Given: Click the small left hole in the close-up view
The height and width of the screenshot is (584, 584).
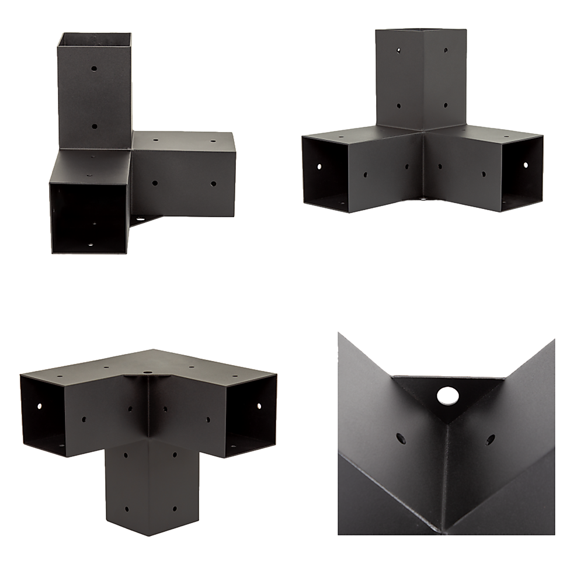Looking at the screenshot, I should (401, 437).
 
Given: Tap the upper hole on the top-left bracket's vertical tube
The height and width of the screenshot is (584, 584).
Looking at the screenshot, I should (94, 68).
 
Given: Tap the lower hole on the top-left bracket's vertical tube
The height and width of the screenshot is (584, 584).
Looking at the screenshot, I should (94, 126).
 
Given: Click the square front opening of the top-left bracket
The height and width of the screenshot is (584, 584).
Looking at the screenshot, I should (88, 216).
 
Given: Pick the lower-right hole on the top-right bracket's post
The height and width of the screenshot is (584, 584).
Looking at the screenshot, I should (446, 105).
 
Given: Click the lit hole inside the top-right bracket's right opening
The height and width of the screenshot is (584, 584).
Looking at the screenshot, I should (524, 166).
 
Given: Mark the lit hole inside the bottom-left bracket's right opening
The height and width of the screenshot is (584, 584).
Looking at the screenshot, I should (258, 404).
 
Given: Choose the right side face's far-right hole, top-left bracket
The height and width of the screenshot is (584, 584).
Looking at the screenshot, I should (213, 183).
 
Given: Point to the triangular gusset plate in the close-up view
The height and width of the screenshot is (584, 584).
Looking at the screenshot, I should (447, 403).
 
